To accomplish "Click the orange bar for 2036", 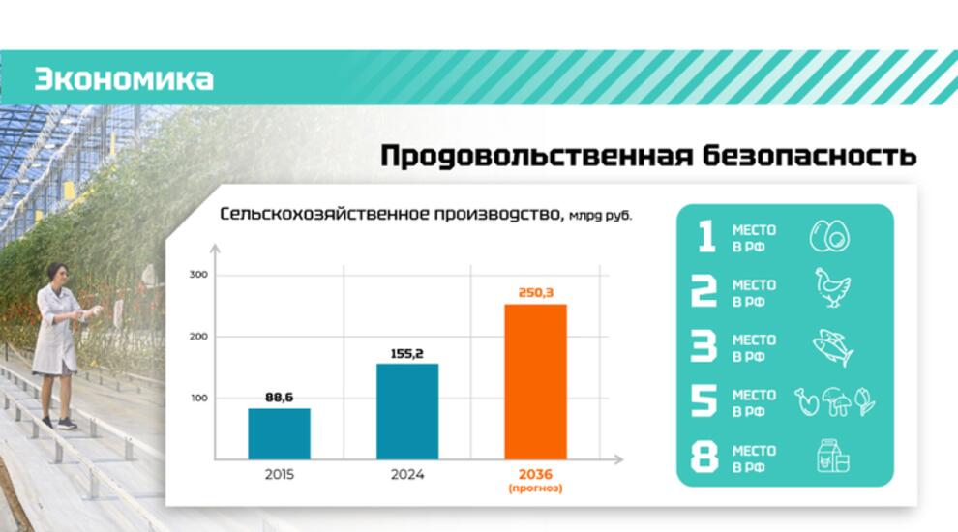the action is [x=535, y=382].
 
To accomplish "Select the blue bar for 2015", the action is [x=280, y=433].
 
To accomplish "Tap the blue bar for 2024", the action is [x=407, y=412].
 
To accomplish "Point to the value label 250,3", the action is [x=536, y=292].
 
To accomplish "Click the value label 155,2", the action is [x=406, y=354].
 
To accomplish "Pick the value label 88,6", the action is [x=280, y=398].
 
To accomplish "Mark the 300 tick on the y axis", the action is [x=198, y=275].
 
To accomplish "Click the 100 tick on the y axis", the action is [x=199, y=399].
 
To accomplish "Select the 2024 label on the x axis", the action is [x=407, y=475].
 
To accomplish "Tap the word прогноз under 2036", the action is [x=535, y=488].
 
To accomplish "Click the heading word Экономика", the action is [x=124, y=79].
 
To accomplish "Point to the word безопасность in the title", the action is [x=809, y=156].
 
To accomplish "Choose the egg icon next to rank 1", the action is [x=829, y=236].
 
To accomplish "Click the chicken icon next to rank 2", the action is [x=831, y=287].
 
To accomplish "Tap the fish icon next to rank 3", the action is [x=833, y=347].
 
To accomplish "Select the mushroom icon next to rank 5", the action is [x=836, y=401].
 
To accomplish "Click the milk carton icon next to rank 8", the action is [x=833, y=456].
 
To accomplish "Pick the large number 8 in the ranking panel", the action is [x=704, y=458].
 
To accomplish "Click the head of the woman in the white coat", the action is [x=57, y=274].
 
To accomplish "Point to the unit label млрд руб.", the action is [x=600, y=216].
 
